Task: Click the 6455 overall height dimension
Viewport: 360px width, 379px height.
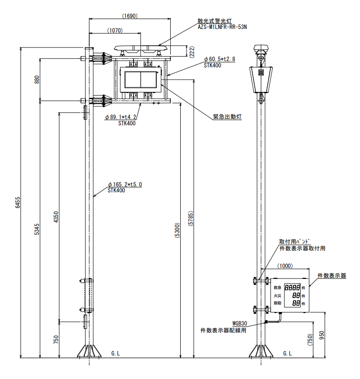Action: point(18,202)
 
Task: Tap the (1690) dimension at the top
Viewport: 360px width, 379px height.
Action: point(130,16)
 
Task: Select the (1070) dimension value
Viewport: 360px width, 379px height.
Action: point(115,30)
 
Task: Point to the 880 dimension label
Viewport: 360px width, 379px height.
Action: point(37,80)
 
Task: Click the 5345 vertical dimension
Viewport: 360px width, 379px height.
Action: point(37,229)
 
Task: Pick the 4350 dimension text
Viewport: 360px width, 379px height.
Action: point(56,217)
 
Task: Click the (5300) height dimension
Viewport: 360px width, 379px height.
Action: point(177,230)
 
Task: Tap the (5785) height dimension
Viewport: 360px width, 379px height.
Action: point(191,219)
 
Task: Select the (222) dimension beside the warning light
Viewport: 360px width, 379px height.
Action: point(192,52)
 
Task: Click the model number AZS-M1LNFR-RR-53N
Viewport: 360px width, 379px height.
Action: point(222,27)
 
